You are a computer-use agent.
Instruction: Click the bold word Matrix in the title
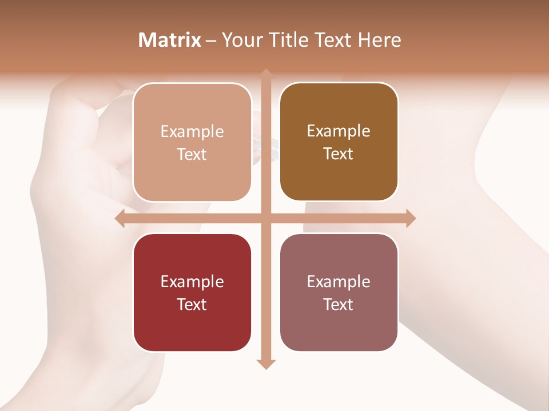click(170, 40)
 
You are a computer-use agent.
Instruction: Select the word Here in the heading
click(380, 40)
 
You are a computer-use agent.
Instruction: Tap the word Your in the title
click(241, 40)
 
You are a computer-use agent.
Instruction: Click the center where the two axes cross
click(266, 219)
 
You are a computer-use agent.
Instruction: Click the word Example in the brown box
click(339, 131)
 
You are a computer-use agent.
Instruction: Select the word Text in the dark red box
click(192, 304)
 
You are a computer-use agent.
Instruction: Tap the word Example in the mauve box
click(339, 281)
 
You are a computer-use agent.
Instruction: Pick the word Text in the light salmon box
click(192, 154)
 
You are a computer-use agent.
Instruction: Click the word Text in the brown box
click(339, 154)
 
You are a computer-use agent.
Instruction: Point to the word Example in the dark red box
click(192, 281)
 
